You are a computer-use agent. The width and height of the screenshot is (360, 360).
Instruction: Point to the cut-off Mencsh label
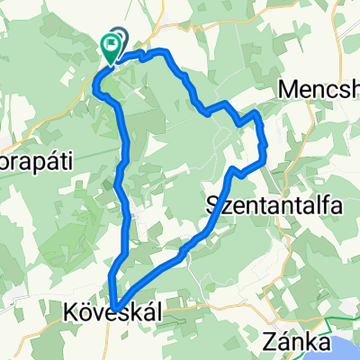click(319, 90)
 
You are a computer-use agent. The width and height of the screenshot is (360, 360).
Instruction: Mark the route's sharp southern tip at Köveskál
click(115, 306)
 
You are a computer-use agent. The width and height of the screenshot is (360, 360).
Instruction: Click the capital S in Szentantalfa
click(213, 204)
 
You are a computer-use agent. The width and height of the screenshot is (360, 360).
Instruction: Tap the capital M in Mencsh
click(290, 90)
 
